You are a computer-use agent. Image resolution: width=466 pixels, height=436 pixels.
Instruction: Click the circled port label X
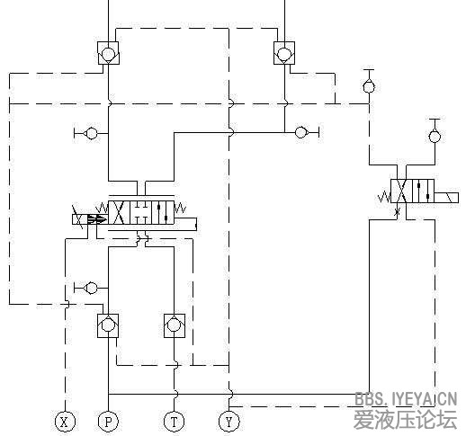(x=64, y=421)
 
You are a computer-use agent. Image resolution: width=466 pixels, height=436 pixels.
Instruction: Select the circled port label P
(x=108, y=421)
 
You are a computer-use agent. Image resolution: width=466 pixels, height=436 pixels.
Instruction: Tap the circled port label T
(x=174, y=421)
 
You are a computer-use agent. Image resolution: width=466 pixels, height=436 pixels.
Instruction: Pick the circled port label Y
(x=229, y=421)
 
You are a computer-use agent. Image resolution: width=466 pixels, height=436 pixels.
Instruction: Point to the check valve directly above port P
(x=108, y=325)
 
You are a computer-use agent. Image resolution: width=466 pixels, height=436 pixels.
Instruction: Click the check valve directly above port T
(x=174, y=325)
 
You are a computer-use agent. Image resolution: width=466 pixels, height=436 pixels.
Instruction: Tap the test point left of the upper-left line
(x=89, y=134)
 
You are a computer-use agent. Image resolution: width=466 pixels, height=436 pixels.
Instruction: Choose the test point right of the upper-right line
(x=303, y=133)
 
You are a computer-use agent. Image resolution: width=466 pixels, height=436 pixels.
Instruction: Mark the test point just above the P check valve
(x=89, y=288)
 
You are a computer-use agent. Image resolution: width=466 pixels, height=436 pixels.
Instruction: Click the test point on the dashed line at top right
(x=368, y=85)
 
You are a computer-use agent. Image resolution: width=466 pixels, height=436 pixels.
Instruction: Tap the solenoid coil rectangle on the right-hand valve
(x=444, y=193)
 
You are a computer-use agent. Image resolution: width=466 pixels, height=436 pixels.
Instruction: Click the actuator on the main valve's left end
(x=85, y=218)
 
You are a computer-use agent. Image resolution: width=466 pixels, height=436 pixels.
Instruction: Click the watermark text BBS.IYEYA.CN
(x=406, y=399)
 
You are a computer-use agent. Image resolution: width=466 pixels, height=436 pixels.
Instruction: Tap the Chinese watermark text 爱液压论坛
(x=406, y=420)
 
